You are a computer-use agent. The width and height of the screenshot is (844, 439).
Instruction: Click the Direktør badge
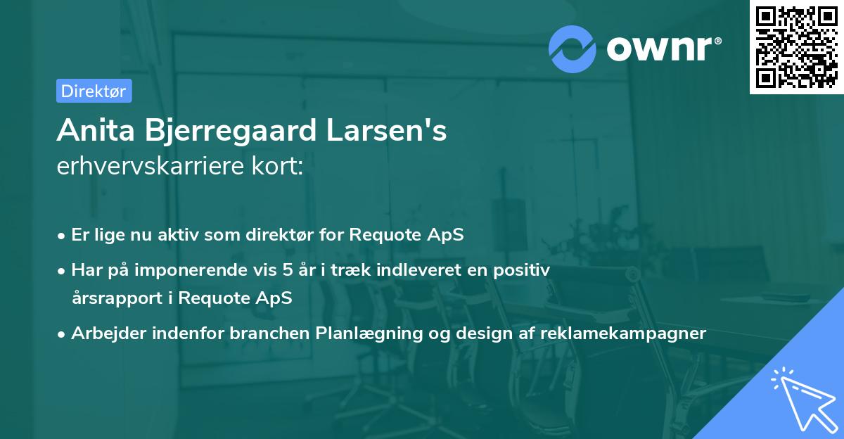[x=94, y=91]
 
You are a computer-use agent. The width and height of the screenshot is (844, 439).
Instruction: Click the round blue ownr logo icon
[x=573, y=49]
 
